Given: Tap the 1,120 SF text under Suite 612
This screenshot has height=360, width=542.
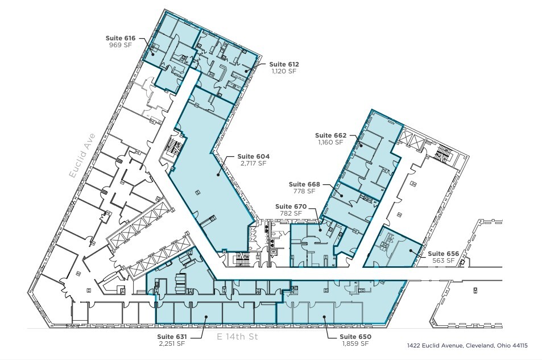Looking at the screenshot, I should [x=284, y=72].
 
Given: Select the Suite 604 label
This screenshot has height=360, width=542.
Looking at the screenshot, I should [x=253, y=156].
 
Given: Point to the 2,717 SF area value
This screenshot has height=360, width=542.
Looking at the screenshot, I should [x=254, y=163].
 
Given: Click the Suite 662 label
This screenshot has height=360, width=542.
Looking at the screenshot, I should [x=331, y=135].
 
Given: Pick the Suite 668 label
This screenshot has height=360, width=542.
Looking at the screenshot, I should [x=304, y=184].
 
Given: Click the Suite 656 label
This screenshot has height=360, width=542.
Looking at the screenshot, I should [x=443, y=254].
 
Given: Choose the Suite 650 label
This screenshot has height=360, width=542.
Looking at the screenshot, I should [x=356, y=337].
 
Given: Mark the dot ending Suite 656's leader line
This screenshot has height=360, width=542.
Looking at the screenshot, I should [x=410, y=250].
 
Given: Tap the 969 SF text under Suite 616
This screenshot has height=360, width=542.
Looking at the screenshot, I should [x=119, y=44].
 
